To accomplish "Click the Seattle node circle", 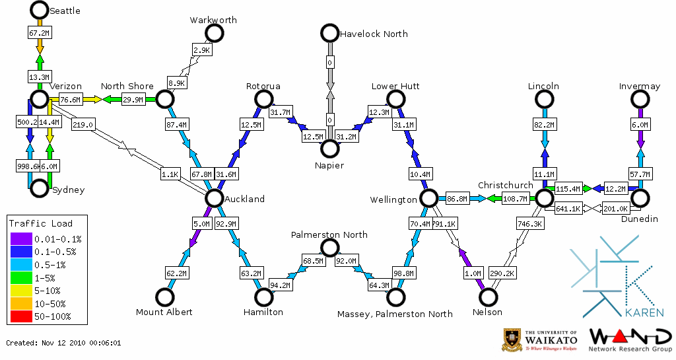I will (x=40, y=10).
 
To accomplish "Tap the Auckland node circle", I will (x=214, y=198).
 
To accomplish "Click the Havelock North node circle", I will (x=329, y=33).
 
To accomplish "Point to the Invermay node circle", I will (x=640, y=99).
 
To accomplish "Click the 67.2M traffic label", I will (x=40, y=32).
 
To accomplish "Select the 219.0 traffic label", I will (x=83, y=125).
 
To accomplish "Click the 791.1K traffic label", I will (x=444, y=224).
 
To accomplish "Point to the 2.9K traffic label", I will (x=201, y=50).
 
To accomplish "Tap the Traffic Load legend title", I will (x=41, y=223).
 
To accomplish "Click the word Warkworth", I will (x=213, y=20).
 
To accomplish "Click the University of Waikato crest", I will (x=512, y=339).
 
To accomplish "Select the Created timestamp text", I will (x=63, y=343).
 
